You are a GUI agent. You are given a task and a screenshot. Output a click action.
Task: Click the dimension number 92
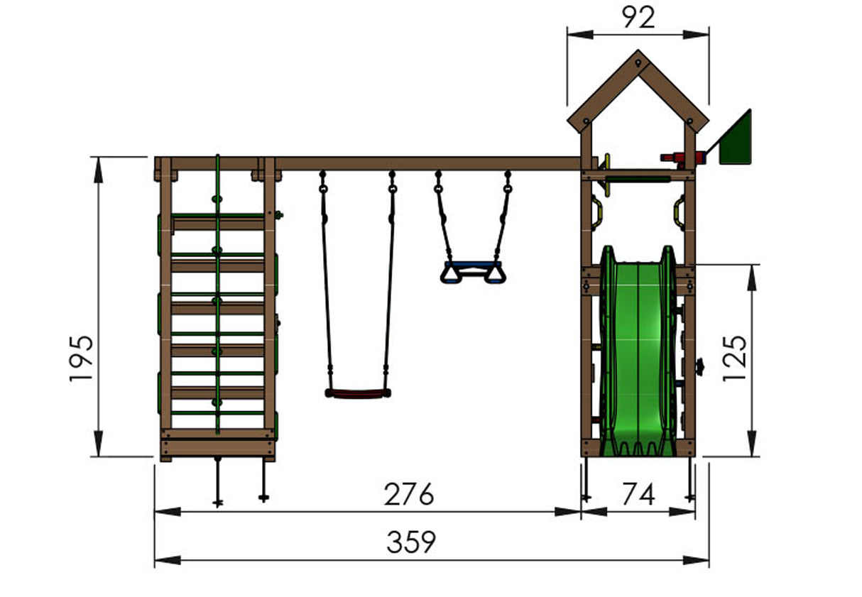(x=638, y=18)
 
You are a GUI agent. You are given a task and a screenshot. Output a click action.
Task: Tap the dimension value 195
(x=82, y=358)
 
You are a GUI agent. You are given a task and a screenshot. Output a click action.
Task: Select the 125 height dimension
(x=735, y=358)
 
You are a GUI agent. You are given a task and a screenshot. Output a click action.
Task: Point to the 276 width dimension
(x=408, y=494)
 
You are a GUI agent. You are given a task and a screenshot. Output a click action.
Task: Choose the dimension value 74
(x=638, y=494)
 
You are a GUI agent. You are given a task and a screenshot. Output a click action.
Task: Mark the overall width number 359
(x=411, y=542)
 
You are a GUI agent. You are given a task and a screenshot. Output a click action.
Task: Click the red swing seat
(x=358, y=393)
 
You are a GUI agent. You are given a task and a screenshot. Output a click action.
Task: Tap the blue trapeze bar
(x=472, y=265)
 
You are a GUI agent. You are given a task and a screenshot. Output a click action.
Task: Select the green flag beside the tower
(x=736, y=139)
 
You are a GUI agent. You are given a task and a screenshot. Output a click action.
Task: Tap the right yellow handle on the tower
(x=680, y=212)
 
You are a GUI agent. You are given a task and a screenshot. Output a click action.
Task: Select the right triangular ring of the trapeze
(x=494, y=275)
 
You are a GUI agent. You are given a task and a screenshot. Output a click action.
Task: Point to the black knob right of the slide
(x=700, y=367)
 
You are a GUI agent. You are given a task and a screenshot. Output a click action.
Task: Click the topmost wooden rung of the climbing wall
(x=218, y=224)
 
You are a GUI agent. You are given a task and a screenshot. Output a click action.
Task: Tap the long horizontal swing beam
(x=426, y=163)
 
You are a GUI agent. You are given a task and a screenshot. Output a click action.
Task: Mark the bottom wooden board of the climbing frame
(x=217, y=447)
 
